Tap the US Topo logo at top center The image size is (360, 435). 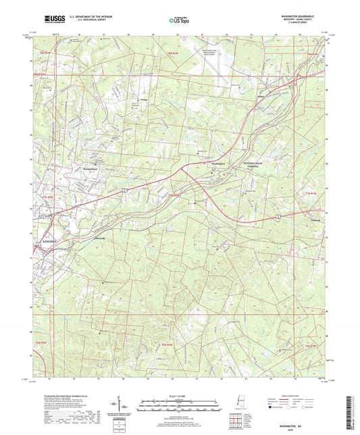click(x=176, y=21)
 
